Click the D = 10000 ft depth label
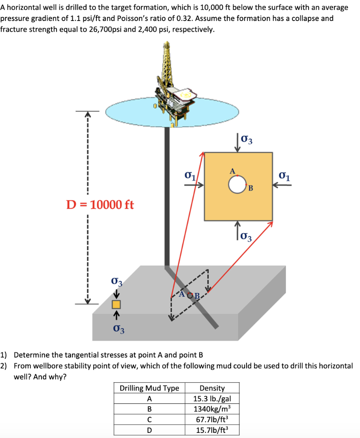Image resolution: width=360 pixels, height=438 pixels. click(x=100, y=204)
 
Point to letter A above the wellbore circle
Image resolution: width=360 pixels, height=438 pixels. click(x=232, y=171)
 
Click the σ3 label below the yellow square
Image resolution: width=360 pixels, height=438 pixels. click(x=247, y=236)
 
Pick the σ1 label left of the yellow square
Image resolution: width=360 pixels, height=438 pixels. click(x=190, y=175)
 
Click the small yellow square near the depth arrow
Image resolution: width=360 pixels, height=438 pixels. click(x=116, y=305)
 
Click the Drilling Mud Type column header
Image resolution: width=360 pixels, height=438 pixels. click(x=149, y=388)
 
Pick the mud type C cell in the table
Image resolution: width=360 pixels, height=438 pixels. click(x=149, y=419)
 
